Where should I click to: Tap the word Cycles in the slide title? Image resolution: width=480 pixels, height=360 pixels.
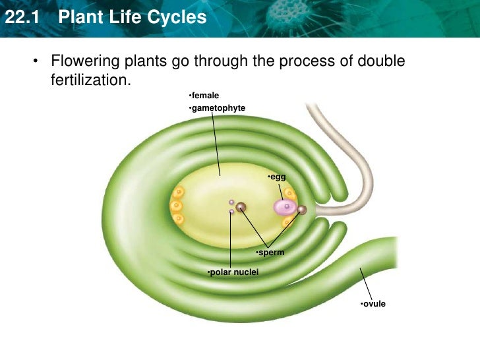(177, 17)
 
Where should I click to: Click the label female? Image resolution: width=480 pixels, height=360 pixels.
(204, 96)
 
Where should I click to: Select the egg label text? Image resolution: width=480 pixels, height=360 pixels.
(277, 177)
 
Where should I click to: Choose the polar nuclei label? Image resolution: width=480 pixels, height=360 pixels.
(233, 272)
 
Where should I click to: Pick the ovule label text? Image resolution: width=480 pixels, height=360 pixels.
(373, 304)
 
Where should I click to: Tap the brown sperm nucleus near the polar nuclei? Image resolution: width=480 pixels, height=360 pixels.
(241, 208)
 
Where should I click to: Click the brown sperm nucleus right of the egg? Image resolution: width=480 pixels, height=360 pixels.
(302, 210)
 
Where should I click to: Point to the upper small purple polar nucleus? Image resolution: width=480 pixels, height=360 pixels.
(231, 202)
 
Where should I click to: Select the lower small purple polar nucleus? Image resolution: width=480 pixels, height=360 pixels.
(231, 212)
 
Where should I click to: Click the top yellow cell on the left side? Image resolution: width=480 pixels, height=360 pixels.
(177, 193)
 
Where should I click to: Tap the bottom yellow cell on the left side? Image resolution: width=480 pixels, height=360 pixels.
(177, 218)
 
